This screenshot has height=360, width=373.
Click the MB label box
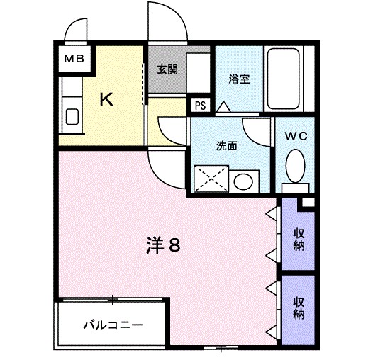pos(73,58)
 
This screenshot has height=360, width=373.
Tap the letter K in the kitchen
pos(105,99)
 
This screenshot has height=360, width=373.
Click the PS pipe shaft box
pos(201,106)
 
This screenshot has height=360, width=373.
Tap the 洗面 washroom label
pos(226,146)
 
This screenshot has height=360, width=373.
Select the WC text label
pos(296,135)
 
